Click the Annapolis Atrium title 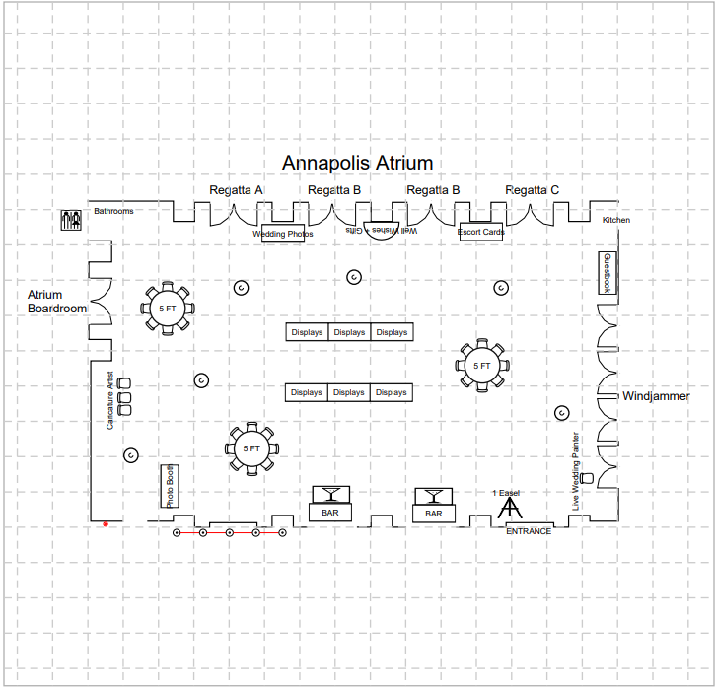[357, 163]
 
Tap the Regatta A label [236, 190]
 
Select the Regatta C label [532, 190]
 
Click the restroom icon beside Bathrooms [72, 220]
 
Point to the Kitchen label [615, 220]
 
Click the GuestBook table [608, 273]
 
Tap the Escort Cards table [481, 234]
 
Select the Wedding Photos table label [283, 235]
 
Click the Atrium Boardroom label [57, 302]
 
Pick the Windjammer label [656, 396]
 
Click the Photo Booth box [170, 486]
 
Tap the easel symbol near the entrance [509, 510]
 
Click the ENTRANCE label [529, 531]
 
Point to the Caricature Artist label [110, 400]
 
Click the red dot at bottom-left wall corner [106, 524]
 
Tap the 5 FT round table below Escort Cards [481, 366]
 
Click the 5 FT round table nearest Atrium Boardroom [168, 309]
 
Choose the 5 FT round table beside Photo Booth [250, 448]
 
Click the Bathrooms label [113, 211]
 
